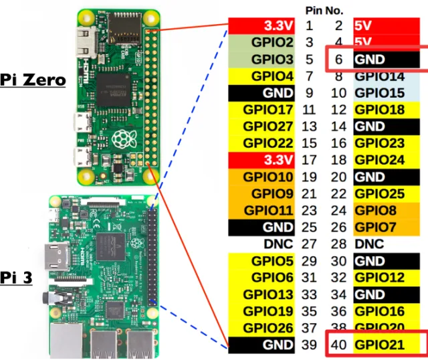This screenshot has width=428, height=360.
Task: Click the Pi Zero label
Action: point(33,80)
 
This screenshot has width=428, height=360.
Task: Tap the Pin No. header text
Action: point(324,11)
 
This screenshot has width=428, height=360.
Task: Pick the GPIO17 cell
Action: point(262,110)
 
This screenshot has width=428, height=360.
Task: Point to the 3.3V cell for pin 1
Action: point(262,26)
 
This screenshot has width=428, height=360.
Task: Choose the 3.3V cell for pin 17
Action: point(262,160)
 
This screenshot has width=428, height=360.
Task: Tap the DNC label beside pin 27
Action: point(278,245)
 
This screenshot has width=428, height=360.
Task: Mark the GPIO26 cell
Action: point(262,328)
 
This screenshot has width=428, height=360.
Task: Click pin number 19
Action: point(310,177)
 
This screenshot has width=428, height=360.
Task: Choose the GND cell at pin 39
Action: point(262,345)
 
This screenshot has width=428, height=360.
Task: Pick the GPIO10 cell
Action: point(262,177)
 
